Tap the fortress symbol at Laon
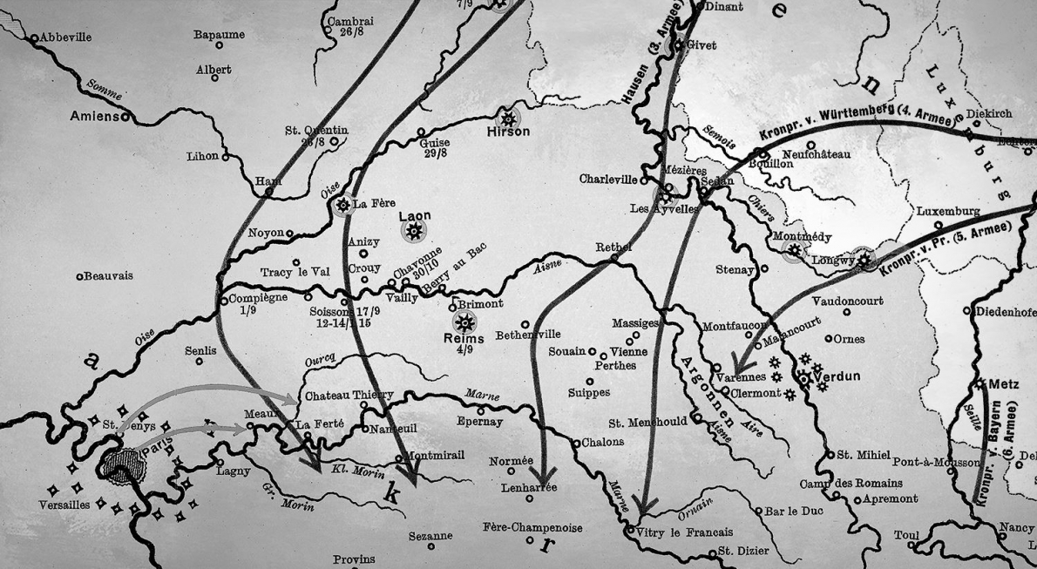coord(414,231)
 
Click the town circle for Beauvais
coord(79,276)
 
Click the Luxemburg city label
coord(947,212)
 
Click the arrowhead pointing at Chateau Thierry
coord(291,399)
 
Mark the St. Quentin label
coord(315,131)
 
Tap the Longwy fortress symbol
coord(864,259)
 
